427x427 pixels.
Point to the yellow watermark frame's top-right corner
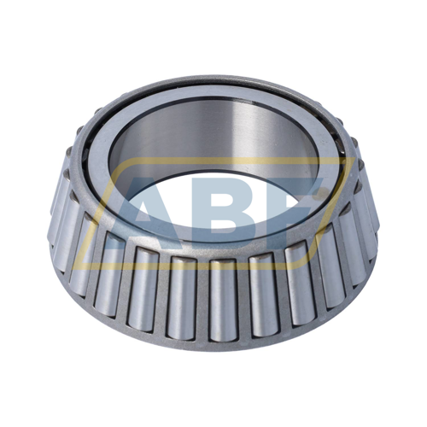point(352,160)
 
